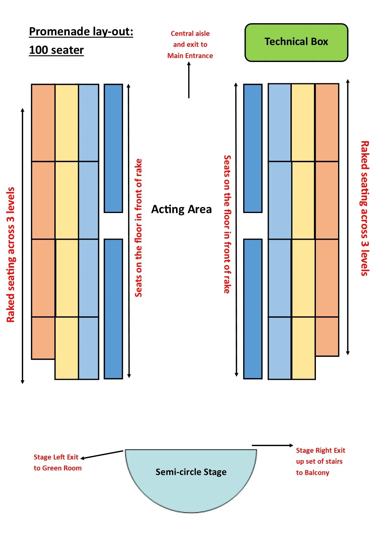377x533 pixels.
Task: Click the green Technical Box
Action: click(x=296, y=43)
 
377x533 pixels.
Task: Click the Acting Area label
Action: click(x=182, y=209)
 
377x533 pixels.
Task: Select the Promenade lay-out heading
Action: click(x=81, y=32)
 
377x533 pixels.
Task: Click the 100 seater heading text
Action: click(x=56, y=50)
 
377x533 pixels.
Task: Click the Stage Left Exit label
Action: click(x=56, y=457)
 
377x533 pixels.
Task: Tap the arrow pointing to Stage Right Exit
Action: click(x=272, y=445)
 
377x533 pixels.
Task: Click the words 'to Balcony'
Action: click(x=313, y=473)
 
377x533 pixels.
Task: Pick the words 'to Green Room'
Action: click(x=57, y=468)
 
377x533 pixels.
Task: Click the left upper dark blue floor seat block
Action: click(x=113, y=148)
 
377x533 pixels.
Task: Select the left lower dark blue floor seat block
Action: click(x=113, y=309)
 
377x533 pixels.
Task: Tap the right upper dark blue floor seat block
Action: click(x=253, y=148)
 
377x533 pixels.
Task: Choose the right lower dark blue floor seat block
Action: click(x=253, y=309)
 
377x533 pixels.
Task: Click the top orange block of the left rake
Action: click(x=43, y=123)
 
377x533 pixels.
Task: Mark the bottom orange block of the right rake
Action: click(x=327, y=336)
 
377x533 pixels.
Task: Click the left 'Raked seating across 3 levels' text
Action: click(x=11, y=255)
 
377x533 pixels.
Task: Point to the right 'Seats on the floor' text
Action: click(x=227, y=224)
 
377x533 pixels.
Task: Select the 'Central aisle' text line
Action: click(x=190, y=33)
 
